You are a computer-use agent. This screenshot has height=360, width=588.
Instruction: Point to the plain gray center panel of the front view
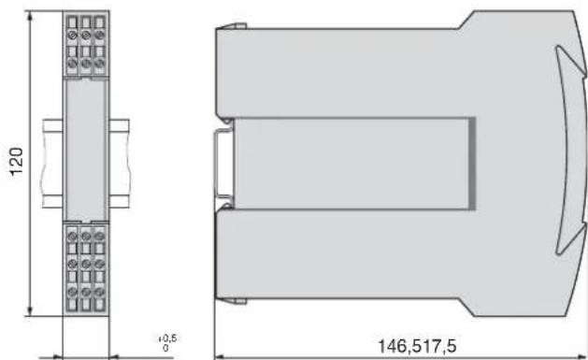click(85, 150)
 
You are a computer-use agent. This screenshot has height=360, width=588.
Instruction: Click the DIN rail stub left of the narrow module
click(52, 164)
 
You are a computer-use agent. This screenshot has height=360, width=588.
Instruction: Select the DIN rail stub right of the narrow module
click(119, 164)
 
